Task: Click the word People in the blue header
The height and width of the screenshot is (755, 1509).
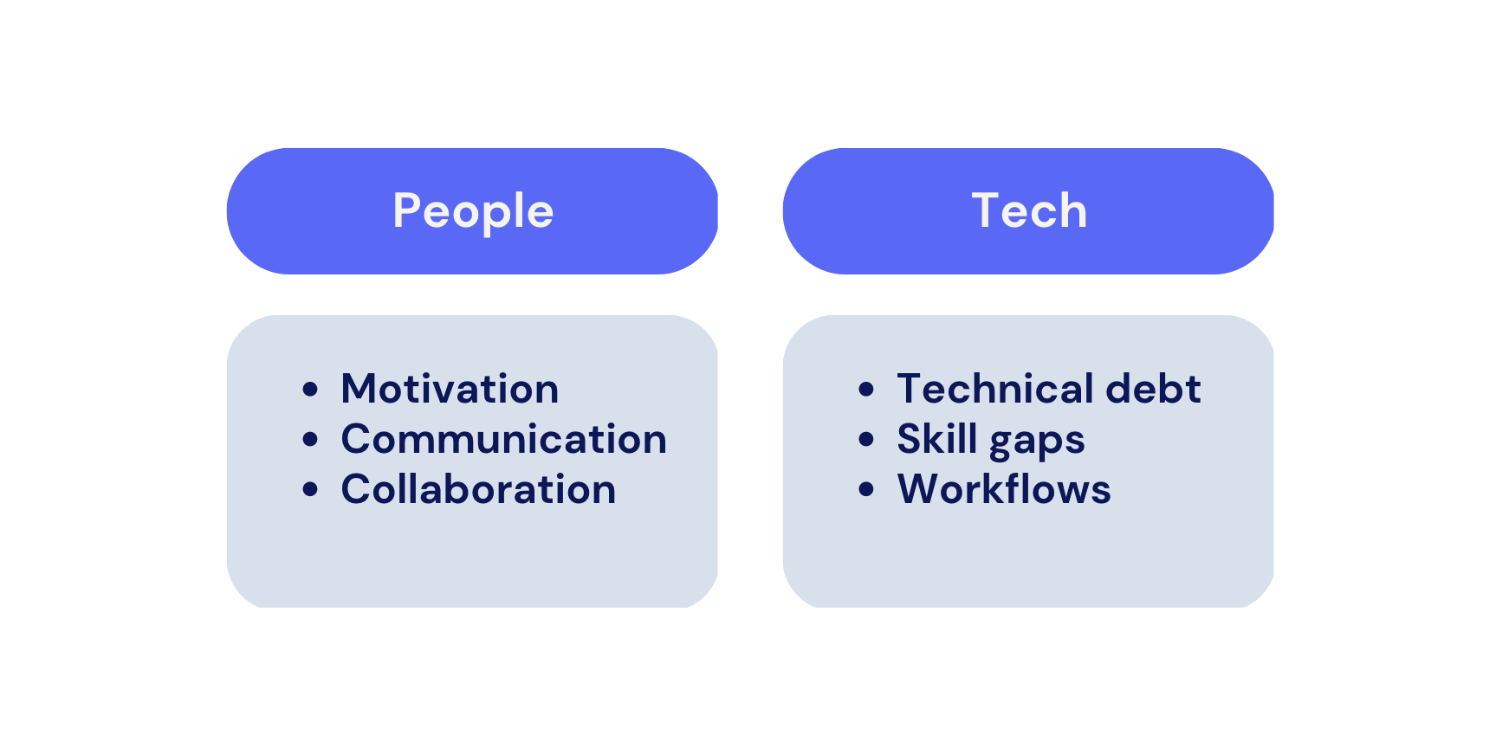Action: [x=473, y=212]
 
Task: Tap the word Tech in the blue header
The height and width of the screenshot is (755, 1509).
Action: [x=1029, y=211]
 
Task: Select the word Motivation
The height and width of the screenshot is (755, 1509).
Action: [x=450, y=389]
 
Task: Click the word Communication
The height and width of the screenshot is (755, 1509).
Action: [x=504, y=439]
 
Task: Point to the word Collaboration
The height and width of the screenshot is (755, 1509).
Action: [x=478, y=489]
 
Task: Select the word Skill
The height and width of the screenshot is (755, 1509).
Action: [x=937, y=438]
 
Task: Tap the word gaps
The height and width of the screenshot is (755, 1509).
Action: [x=1037, y=442]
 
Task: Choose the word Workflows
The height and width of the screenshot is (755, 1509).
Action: [x=1004, y=489]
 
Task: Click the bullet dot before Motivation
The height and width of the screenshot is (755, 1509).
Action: [x=310, y=390]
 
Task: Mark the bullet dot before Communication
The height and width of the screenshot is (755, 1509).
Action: [x=310, y=440]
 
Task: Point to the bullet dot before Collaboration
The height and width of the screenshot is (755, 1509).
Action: [x=310, y=490]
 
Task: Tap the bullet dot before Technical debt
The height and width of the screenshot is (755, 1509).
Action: [x=866, y=390]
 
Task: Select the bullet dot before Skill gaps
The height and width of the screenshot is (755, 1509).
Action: [x=866, y=440]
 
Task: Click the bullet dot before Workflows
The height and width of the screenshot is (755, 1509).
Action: [x=866, y=490]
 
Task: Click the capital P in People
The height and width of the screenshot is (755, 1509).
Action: [x=407, y=210]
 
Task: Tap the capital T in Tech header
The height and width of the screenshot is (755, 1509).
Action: [x=988, y=210]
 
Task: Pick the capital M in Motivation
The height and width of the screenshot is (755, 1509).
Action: [x=360, y=389]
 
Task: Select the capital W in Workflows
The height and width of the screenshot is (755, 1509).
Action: [x=922, y=489]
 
